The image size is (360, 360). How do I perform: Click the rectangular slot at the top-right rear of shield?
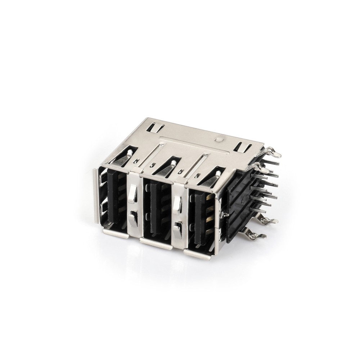[243, 147]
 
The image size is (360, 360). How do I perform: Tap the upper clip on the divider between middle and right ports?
[177, 204]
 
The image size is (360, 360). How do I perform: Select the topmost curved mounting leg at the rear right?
[274, 153]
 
